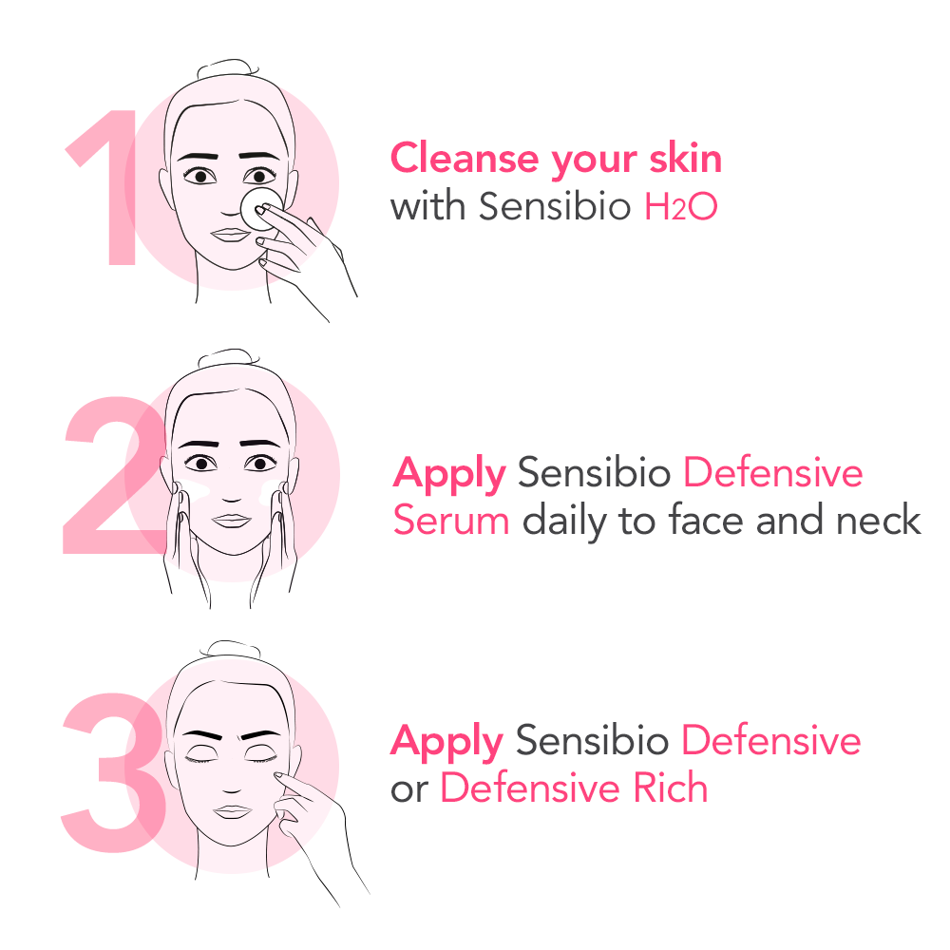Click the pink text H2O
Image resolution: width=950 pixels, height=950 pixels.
click(680, 207)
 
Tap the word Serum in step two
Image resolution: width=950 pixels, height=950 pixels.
click(451, 521)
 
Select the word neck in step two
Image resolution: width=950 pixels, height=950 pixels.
click(879, 521)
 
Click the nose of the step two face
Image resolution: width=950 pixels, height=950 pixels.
click(228, 489)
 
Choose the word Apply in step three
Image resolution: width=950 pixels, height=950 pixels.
click(446, 742)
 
